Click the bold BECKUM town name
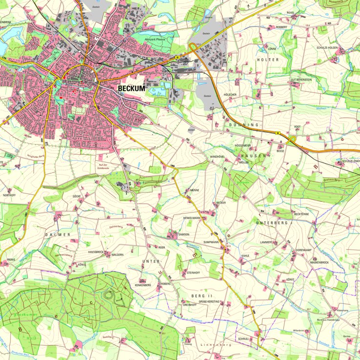pos(133,88)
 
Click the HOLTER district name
pos(267,60)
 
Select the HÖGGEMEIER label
pos(243,146)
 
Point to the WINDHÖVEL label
pos(218,156)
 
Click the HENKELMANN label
pos(191,217)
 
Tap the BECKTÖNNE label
pos(302,214)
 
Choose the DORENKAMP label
pos(303,250)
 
